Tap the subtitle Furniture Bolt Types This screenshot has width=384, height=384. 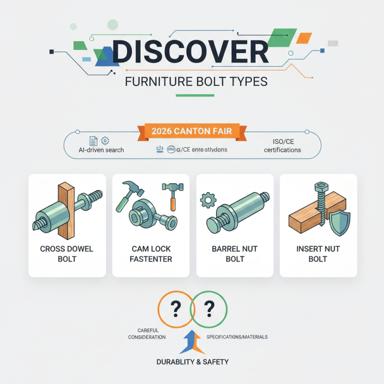[x=196, y=81]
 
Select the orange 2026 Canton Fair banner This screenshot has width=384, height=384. [x=192, y=131]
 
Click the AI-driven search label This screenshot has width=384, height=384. [x=101, y=150]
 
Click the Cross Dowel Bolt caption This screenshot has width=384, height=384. [x=67, y=254]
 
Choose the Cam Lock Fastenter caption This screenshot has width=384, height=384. [x=151, y=254]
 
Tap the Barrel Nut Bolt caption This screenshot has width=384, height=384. [x=235, y=254]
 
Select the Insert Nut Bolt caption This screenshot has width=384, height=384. [x=318, y=254]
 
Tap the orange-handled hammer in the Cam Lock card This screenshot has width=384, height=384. [x=171, y=195]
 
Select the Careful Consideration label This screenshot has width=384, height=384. [x=147, y=334]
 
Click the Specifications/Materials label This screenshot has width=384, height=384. [x=237, y=337]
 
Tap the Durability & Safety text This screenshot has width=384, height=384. [x=192, y=361]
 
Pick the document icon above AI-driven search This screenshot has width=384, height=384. [x=93, y=140]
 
